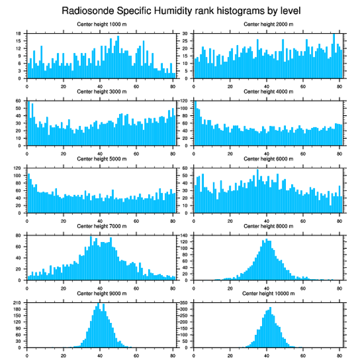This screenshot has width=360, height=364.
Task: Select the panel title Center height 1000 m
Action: click(102, 24)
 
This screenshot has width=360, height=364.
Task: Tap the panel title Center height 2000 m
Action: click(268, 24)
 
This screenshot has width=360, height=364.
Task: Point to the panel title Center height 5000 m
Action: click(102, 159)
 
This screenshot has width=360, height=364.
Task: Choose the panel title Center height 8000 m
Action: click(268, 226)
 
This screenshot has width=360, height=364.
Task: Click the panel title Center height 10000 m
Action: click(268, 293)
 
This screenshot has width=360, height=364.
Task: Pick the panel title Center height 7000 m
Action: click(102, 226)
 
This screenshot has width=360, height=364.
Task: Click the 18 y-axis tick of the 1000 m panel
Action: click(19, 34)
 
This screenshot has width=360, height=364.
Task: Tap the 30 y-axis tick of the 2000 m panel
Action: click(186, 34)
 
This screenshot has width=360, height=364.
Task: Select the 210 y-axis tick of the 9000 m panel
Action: click(18, 303)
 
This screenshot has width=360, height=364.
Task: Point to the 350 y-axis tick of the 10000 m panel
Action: click(184, 303)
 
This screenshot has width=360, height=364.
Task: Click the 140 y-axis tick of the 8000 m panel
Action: click(184, 235)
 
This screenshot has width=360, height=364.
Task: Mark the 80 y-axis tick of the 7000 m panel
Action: click(19, 235)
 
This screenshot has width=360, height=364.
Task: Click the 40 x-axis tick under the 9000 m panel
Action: click(100, 354)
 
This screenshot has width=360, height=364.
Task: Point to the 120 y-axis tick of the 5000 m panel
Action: click(18, 168)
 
